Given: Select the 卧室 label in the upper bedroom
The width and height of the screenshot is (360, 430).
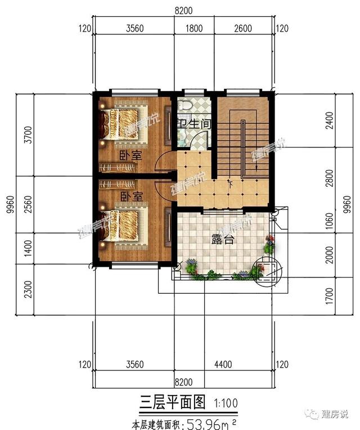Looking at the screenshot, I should [x=130, y=154].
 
